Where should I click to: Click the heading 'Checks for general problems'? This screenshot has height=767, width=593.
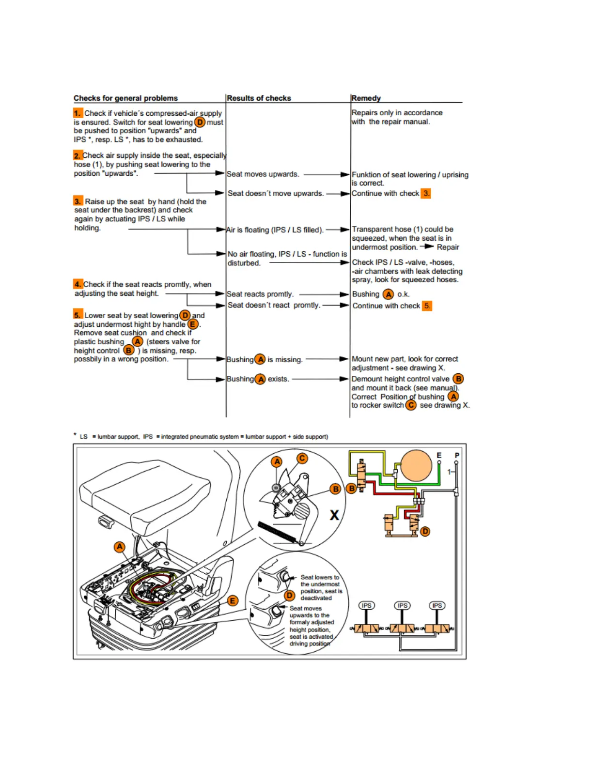[x=125, y=98]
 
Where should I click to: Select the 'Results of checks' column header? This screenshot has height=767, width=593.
[x=259, y=98]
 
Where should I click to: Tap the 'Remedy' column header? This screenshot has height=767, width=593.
[x=366, y=98]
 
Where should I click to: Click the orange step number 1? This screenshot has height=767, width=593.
[x=78, y=113]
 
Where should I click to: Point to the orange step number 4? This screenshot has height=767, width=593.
[x=78, y=284]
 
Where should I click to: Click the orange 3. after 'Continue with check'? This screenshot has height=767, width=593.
[x=426, y=194]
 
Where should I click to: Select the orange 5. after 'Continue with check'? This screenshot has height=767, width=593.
[x=427, y=306]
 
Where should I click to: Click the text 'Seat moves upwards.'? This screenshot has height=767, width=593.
[x=263, y=174]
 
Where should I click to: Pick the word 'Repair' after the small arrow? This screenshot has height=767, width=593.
[x=448, y=247]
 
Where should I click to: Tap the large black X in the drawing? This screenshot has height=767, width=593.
[x=334, y=515]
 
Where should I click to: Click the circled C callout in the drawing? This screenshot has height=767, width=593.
[x=302, y=458]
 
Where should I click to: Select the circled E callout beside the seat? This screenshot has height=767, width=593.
[x=233, y=601]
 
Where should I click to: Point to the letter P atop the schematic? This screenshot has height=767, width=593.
[x=457, y=456]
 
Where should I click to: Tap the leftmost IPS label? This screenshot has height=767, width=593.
[x=366, y=606]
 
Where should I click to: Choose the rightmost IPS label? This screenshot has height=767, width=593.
[x=437, y=606]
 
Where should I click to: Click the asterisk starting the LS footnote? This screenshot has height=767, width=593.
[x=75, y=435]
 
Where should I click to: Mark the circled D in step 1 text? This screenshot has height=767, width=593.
[x=200, y=123]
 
